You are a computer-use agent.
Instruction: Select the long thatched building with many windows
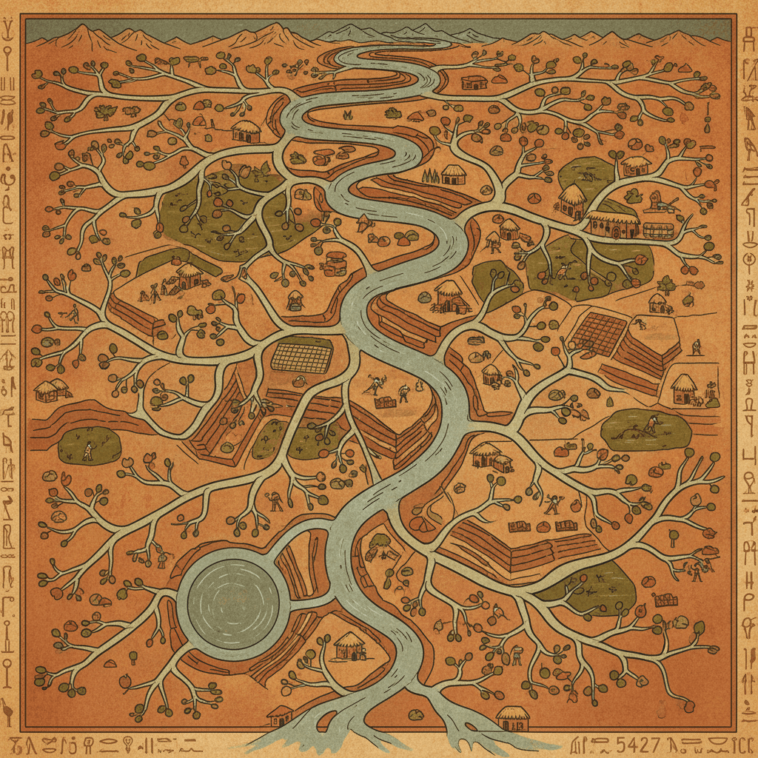tap(614, 223)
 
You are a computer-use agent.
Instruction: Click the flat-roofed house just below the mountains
tap(474, 81)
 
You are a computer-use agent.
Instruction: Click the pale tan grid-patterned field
tap(301, 357)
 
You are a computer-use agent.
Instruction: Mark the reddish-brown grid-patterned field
tap(597, 333)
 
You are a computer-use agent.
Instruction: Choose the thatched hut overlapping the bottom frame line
tap(512, 717)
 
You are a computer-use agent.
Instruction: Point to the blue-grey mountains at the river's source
tap(370, 33)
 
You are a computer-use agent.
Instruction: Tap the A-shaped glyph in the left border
tap(9, 154)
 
